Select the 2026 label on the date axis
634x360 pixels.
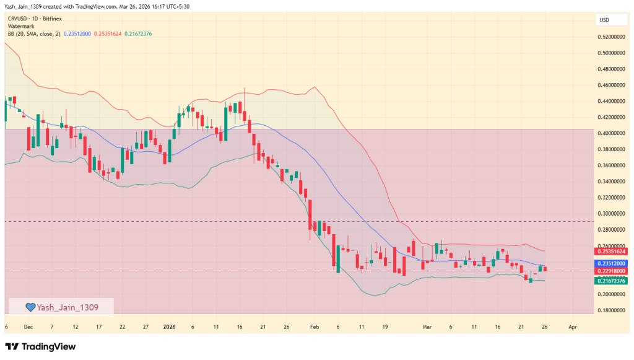point(170,326)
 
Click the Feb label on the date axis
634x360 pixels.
point(314,326)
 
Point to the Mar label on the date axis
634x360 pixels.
point(427,326)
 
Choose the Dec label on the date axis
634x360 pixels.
point(28,326)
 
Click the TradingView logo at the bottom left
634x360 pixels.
point(40,346)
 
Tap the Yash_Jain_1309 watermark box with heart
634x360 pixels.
point(61,306)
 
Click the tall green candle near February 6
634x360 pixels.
point(338,258)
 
